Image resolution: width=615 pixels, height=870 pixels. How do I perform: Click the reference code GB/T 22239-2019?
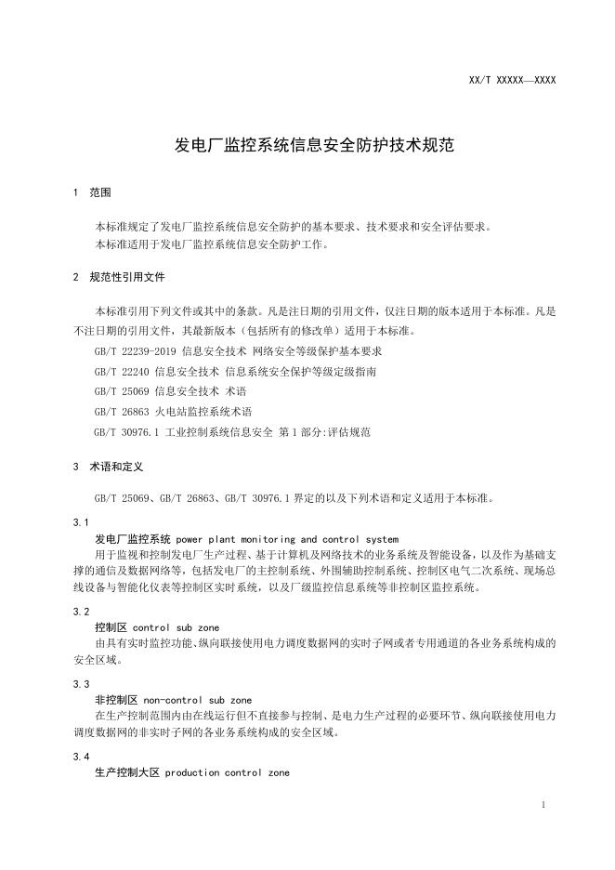click(x=135, y=352)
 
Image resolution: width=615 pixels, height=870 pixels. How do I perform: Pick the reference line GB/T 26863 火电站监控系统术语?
click(x=173, y=412)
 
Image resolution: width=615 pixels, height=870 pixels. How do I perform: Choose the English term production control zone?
click(x=228, y=772)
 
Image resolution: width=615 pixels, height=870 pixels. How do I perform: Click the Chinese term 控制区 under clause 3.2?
click(x=111, y=627)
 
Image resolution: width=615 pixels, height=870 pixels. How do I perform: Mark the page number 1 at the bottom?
click(x=543, y=804)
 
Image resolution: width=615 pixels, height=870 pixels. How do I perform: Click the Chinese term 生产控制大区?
click(x=126, y=772)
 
